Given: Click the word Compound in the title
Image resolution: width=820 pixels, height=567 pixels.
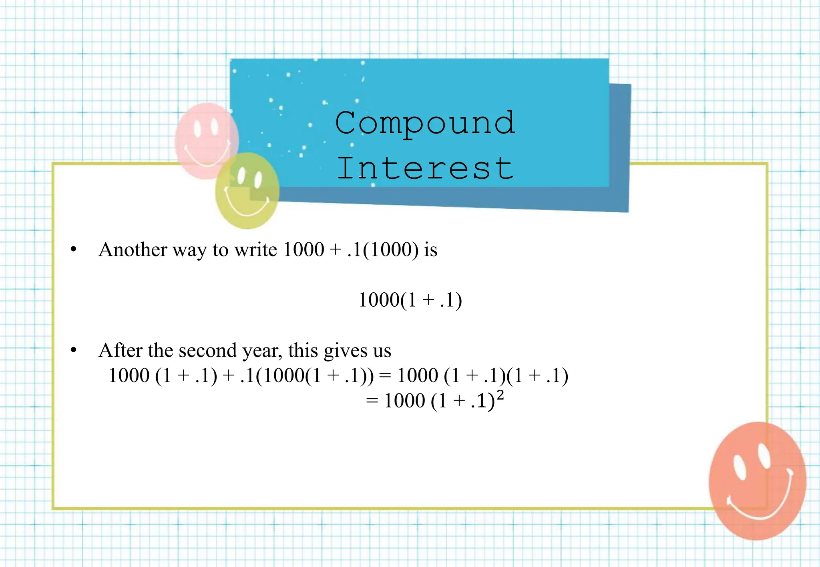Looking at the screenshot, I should [425, 123].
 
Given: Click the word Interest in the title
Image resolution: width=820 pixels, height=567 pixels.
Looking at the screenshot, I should [425, 168].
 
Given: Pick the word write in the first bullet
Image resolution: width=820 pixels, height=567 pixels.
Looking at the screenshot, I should [255, 250].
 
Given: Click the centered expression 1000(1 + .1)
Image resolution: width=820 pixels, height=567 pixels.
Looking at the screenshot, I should [410, 300].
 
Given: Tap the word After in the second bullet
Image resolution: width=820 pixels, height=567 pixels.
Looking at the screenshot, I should [120, 351].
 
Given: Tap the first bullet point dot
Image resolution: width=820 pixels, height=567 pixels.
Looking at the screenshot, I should [73, 250].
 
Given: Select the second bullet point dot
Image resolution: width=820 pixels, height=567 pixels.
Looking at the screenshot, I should [73, 351].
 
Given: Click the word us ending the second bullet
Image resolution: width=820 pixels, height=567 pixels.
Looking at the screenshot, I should [382, 352].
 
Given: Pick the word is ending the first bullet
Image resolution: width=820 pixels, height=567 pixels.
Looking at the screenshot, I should [431, 250].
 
